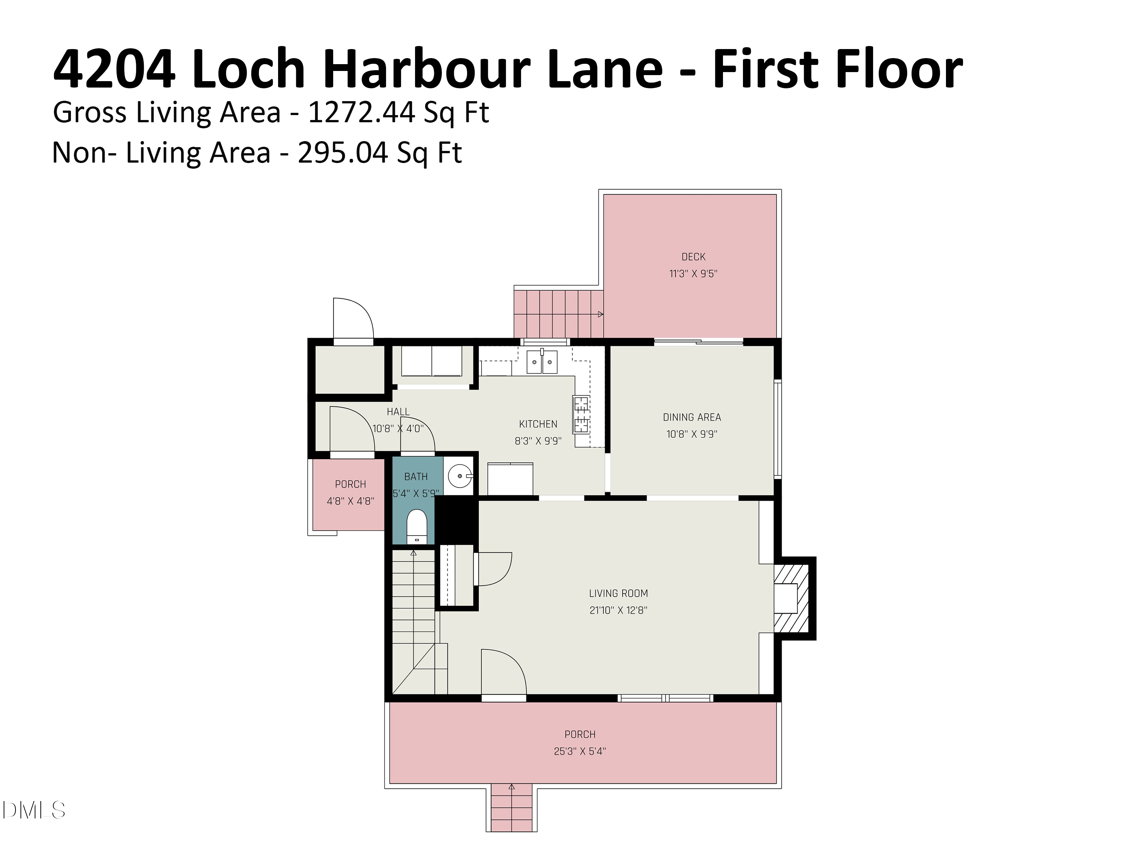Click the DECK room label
694,257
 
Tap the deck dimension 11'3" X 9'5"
694,274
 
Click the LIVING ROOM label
618,594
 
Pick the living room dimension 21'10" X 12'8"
618,611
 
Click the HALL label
398,412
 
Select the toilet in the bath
417,526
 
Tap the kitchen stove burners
581,415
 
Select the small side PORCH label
351,484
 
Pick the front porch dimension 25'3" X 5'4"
580,751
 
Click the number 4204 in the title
114,69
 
